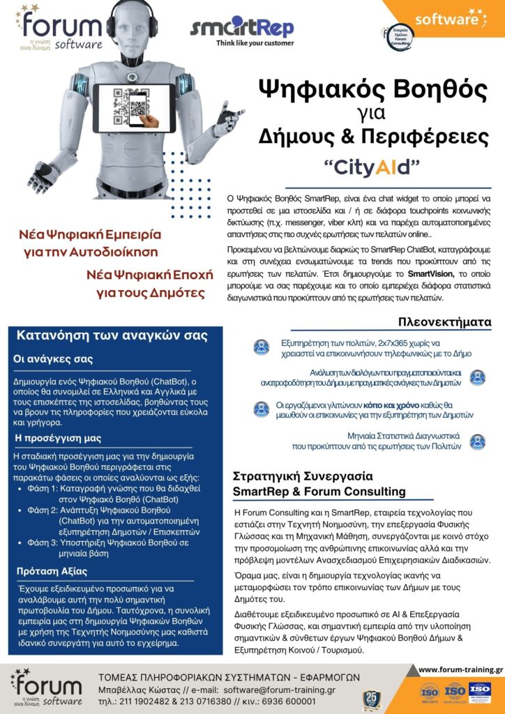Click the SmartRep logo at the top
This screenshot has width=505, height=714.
pyautogui.click(x=242, y=27)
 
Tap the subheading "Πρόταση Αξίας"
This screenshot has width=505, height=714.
pyautogui.click(x=51, y=572)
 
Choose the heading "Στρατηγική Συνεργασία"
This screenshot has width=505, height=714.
pyautogui.click(x=302, y=477)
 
